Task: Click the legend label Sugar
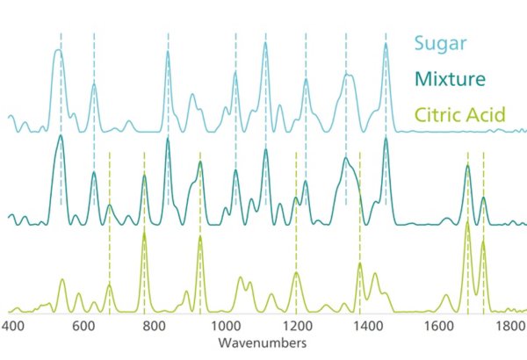[x=440, y=43]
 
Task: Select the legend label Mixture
[x=450, y=79]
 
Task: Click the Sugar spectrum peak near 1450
[x=385, y=45]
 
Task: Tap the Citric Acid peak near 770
[x=144, y=236]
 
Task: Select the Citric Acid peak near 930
[x=200, y=238]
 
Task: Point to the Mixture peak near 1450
[x=385, y=139]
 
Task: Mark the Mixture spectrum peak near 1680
[x=468, y=167]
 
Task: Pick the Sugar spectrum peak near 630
[x=93, y=85]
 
